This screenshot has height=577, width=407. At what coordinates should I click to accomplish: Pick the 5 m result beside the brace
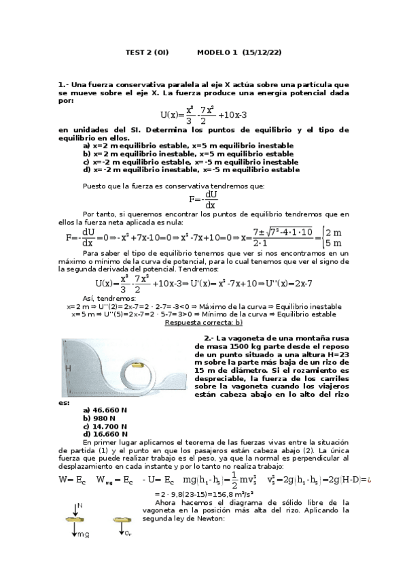pos(334,243)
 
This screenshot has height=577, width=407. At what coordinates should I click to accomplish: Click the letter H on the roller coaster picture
pos(68,367)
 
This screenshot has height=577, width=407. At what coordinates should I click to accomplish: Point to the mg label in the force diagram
pos(83,535)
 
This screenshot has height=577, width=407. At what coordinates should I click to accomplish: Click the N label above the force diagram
pos(79,506)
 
